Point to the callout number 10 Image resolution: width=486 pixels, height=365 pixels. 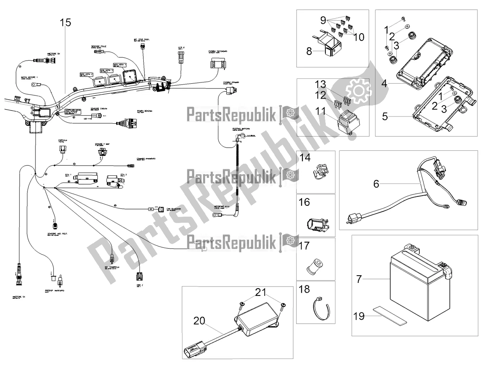point(358,37)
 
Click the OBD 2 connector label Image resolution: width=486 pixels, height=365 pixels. point(139,285)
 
